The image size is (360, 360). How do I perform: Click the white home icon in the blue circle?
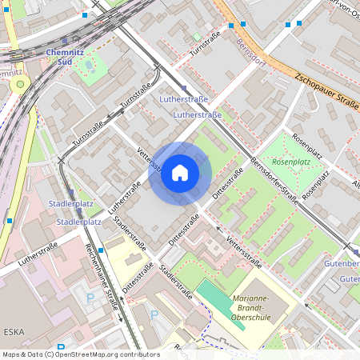tap(180, 173)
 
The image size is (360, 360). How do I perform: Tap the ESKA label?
tap(14, 330)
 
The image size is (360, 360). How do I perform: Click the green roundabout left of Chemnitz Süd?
tap(18, 83)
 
